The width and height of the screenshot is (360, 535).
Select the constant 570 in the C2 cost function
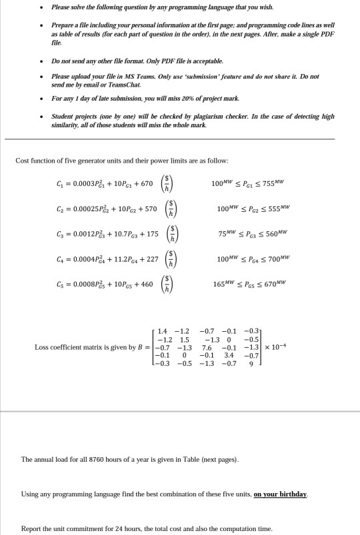[150, 209]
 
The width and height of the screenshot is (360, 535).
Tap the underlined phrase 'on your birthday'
[281, 494]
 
